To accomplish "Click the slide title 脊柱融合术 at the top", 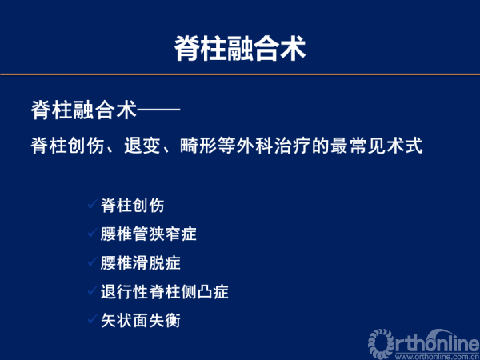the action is pyautogui.click(x=240, y=49).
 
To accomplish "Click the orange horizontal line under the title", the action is pyautogui.click(x=240, y=74).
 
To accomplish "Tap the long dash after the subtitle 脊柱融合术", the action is pyautogui.click(x=158, y=109).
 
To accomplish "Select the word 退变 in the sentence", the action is pyautogui.click(x=142, y=146).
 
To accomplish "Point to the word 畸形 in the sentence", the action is pyautogui.click(x=198, y=146).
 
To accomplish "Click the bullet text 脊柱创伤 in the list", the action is pyautogui.click(x=133, y=205).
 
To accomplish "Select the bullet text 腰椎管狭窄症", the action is pyautogui.click(x=149, y=234).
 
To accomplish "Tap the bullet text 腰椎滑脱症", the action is pyautogui.click(x=141, y=262).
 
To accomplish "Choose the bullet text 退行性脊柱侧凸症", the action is pyautogui.click(x=165, y=291).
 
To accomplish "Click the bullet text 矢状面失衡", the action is pyautogui.click(x=141, y=320).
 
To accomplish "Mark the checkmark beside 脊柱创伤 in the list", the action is pyautogui.click(x=93, y=204).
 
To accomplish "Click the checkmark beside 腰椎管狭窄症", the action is pyautogui.click(x=93, y=233).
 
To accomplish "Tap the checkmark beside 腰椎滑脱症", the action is pyautogui.click(x=93, y=262).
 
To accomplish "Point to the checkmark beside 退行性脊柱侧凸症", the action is pyautogui.click(x=93, y=290).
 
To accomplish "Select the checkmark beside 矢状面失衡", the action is pyautogui.click(x=93, y=319).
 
